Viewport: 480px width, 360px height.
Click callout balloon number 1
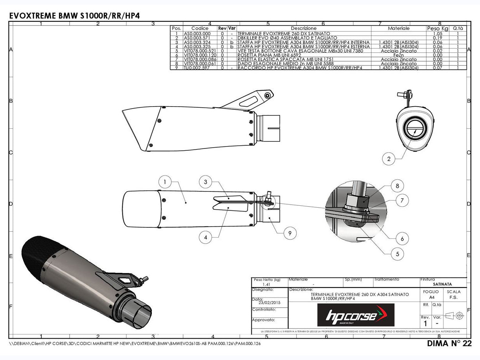[165, 182]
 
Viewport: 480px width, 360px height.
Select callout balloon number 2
[389, 158]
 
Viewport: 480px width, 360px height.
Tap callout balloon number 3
[206, 182]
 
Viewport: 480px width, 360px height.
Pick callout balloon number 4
[206, 237]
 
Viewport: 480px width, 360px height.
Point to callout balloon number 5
[397, 254]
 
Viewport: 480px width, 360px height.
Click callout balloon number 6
[402, 238]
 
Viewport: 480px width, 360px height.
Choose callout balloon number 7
[402, 200]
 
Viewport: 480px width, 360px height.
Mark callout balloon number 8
[397, 186]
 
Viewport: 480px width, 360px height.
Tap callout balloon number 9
[290, 233]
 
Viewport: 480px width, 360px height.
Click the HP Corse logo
[356, 315]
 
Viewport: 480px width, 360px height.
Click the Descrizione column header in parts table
[303, 28]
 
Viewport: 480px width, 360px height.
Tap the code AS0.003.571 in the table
[197, 38]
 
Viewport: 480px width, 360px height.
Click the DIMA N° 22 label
[449, 344]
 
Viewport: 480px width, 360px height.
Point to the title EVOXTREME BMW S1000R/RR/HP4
[74, 16]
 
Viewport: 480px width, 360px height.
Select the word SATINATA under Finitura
[443, 284]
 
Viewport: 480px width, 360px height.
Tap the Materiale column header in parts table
[399, 28]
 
